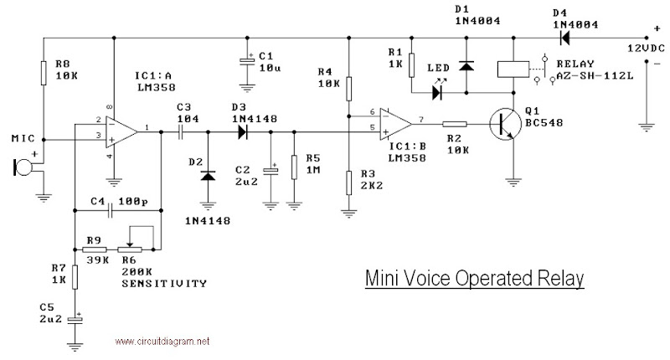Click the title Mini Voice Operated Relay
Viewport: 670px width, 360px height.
[474, 279]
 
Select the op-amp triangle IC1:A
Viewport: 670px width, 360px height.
[123, 130]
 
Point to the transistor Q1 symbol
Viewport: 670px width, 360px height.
[506, 122]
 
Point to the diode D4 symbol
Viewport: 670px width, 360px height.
[566, 38]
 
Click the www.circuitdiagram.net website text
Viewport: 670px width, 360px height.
[161, 342]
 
